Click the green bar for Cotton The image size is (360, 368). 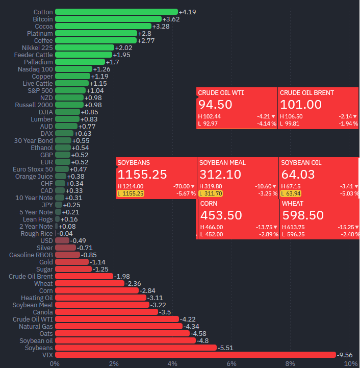116,12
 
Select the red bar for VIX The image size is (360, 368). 195,355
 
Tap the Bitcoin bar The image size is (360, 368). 108,19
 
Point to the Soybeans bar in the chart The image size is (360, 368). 136,348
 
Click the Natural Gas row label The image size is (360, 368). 36,326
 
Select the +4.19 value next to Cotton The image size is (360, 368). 187,12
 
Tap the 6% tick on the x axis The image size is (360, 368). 232,363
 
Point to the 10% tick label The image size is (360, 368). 350,363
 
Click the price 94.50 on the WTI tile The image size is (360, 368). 215,105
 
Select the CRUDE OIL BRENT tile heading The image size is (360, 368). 307,93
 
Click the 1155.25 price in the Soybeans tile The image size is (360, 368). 142,175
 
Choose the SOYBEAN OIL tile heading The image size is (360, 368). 301,163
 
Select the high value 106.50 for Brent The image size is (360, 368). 294,116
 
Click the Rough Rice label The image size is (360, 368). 36,233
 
